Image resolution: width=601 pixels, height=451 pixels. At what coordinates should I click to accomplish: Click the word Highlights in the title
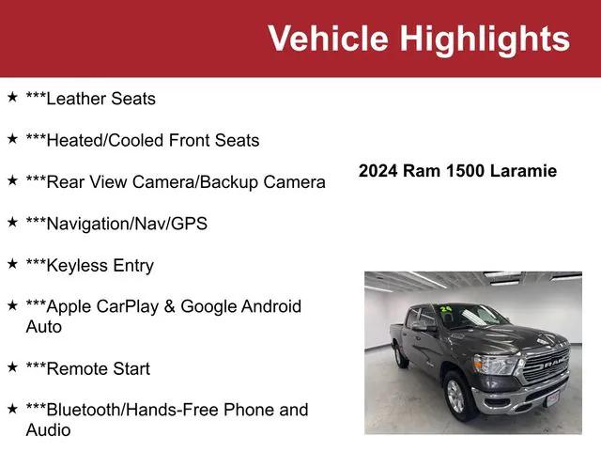pos(485,39)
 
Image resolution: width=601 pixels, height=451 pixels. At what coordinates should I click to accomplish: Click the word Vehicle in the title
pos(329,39)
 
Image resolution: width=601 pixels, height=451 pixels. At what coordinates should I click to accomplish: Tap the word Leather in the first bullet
pos(79,99)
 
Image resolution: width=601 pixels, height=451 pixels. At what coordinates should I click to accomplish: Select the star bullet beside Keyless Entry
pos(12,264)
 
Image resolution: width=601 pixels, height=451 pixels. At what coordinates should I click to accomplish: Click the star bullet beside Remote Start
pos(12,367)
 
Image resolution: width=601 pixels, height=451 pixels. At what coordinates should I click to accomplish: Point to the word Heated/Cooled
pos(105,140)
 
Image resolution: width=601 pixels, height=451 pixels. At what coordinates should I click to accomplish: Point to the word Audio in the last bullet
pos(48,430)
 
